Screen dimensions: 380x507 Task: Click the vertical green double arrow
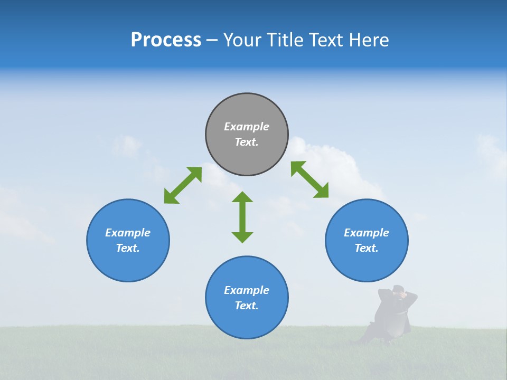tap(242, 217)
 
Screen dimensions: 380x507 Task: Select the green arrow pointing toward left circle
tap(183, 185)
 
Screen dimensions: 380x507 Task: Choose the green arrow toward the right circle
tap(310, 179)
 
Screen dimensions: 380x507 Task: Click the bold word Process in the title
tap(166, 40)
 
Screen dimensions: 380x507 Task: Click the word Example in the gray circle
tap(247, 127)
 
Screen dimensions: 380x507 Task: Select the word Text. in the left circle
tap(128, 248)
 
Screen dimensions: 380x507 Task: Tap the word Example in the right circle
tap(367, 233)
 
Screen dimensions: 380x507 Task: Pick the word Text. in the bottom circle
tap(247, 306)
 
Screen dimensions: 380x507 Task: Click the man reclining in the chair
tap(391, 316)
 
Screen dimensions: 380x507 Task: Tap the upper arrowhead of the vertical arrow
tap(242, 197)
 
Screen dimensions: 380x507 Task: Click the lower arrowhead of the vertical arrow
tap(242, 237)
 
